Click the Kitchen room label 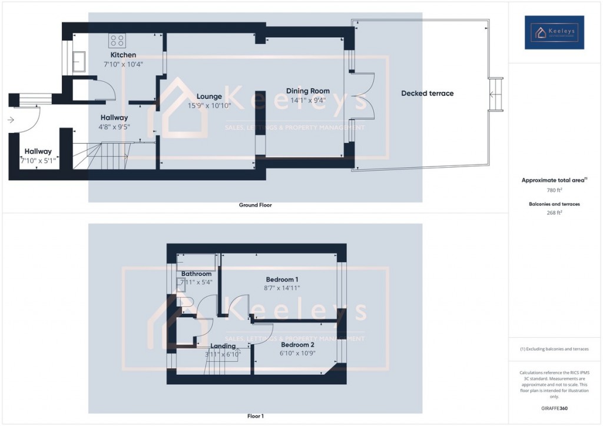[x=123, y=55]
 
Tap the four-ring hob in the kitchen [x=117, y=41]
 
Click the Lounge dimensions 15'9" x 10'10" [x=209, y=106]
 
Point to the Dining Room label [x=307, y=91]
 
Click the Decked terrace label [x=428, y=93]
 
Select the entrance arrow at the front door [x=11, y=121]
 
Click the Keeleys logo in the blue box [x=554, y=32]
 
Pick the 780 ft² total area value [x=554, y=190]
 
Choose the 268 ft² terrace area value [x=554, y=213]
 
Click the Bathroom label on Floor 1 [x=196, y=274]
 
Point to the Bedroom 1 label [x=282, y=279]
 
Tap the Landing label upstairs [x=223, y=346]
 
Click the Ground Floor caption [x=255, y=205]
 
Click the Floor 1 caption [x=255, y=416]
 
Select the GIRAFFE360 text [x=554, y=408]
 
